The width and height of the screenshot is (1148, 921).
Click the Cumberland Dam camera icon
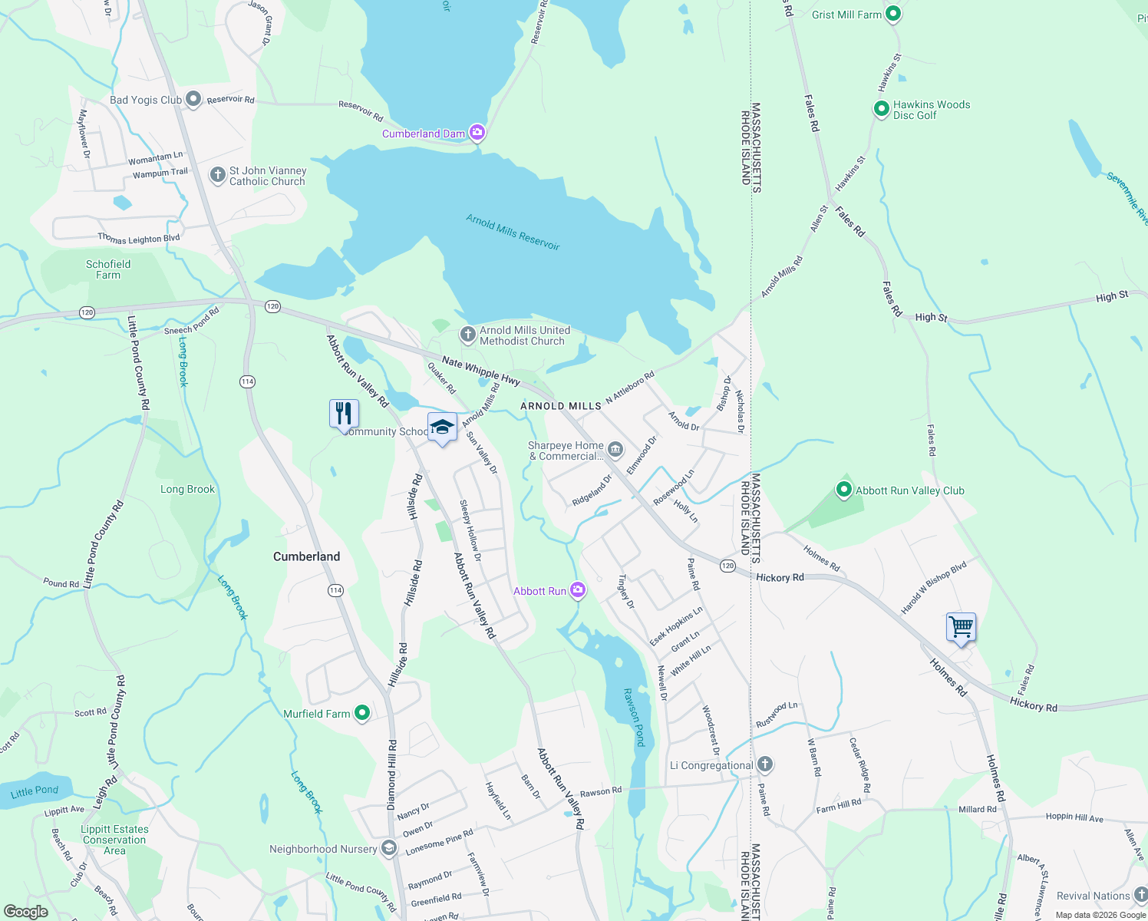pyautogui.click(x=477, y=134)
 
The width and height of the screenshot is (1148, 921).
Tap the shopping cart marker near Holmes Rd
pyautogui.click(x=961, y=628)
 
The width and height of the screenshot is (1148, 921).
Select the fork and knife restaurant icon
pyautogui.click(x=344, y=414)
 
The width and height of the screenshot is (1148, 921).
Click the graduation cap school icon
pyautogui.click(x=442, y=427)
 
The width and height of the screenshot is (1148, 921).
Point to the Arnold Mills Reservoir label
pyautogui.click(x=513, y=233)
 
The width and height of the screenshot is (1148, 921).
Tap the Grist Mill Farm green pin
pyautogui.click(x=892, y=14)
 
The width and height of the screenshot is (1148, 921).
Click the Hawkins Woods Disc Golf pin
pyautogui.click(x=882, y=109)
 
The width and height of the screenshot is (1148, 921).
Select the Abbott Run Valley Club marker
pyautogui.click(x=844, y=490)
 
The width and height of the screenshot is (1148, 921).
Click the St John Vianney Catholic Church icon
pyautogui.click(x=217, y=175)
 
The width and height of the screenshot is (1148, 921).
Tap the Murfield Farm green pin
pyautogui.click(x=362, y=713)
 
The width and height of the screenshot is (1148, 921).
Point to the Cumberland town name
pyautogui.click(x=306, y=556)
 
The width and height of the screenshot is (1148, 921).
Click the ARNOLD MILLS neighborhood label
pyautogui.click(x=561, y=406)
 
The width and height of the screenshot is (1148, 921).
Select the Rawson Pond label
pyautogui.click(x=635, y=717)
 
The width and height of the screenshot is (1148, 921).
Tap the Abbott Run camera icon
pyautogui.click(x=578, y=590)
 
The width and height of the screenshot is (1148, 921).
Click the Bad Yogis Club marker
pyautogui.click(x=193, y=99)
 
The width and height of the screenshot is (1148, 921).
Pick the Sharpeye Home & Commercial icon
pyautogui.click(x=615, y=449)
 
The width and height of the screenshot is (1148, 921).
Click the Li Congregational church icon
pyautogui.click(x=764, y=764)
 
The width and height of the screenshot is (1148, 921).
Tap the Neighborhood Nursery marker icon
pyautogui.click(x=389, y=848)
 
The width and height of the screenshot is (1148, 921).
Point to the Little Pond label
pyautogui.click(x=35, y=791)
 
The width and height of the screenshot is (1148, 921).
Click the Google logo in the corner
pyautogui.click(x=26, y=912)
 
